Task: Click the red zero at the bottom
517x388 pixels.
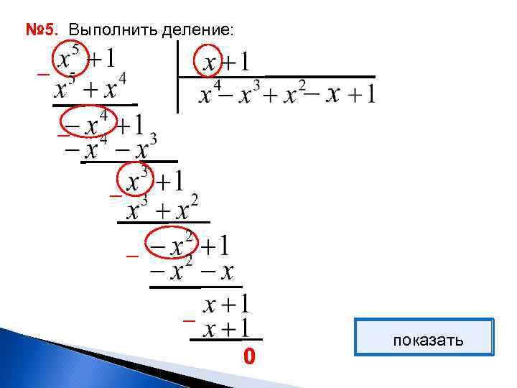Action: click(x=248, y=356)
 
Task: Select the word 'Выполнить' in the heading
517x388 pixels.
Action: click(x=105, y=30)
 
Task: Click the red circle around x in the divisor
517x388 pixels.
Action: click(x=210, y=62)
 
